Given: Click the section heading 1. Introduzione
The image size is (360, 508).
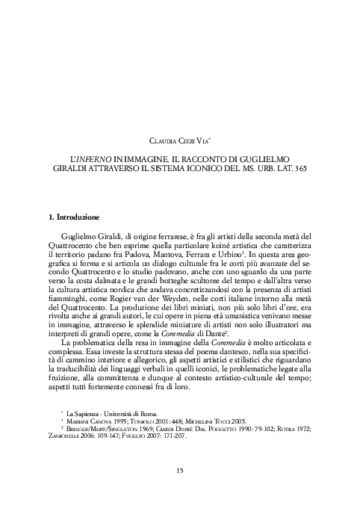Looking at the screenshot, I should click(x=72, y=217).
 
